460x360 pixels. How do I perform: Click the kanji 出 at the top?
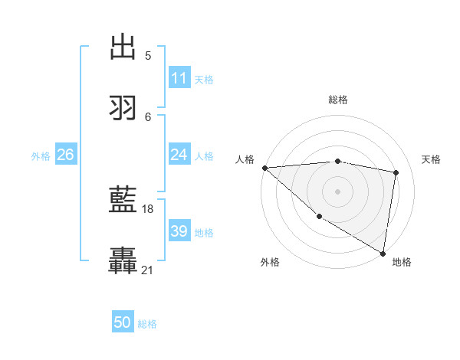[123, 47]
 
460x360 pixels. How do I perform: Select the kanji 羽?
[123, 107]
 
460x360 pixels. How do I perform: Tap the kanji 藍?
[123, 201]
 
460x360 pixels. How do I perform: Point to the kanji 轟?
[123, 261]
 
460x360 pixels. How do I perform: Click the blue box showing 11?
[179, 78]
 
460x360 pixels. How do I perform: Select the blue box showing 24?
[179, 155]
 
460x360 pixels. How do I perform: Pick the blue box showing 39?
[179, 231]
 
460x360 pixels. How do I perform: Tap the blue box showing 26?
[66, 155]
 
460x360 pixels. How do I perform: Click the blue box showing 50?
[123, 323]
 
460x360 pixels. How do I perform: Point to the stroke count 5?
[148, 55]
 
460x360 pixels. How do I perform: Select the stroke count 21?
[148, 270]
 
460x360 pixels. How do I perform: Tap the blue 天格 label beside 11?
[204, 79]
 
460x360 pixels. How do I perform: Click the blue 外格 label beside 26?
[41, 155]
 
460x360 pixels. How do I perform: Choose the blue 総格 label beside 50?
[147, 324]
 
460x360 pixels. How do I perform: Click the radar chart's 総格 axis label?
[338, 100]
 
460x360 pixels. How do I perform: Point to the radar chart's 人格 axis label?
[245, 159]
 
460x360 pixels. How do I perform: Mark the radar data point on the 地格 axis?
[383, 253]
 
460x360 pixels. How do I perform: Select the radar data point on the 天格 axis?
[396, 172]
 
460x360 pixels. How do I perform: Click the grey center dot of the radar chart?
[338, 191]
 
